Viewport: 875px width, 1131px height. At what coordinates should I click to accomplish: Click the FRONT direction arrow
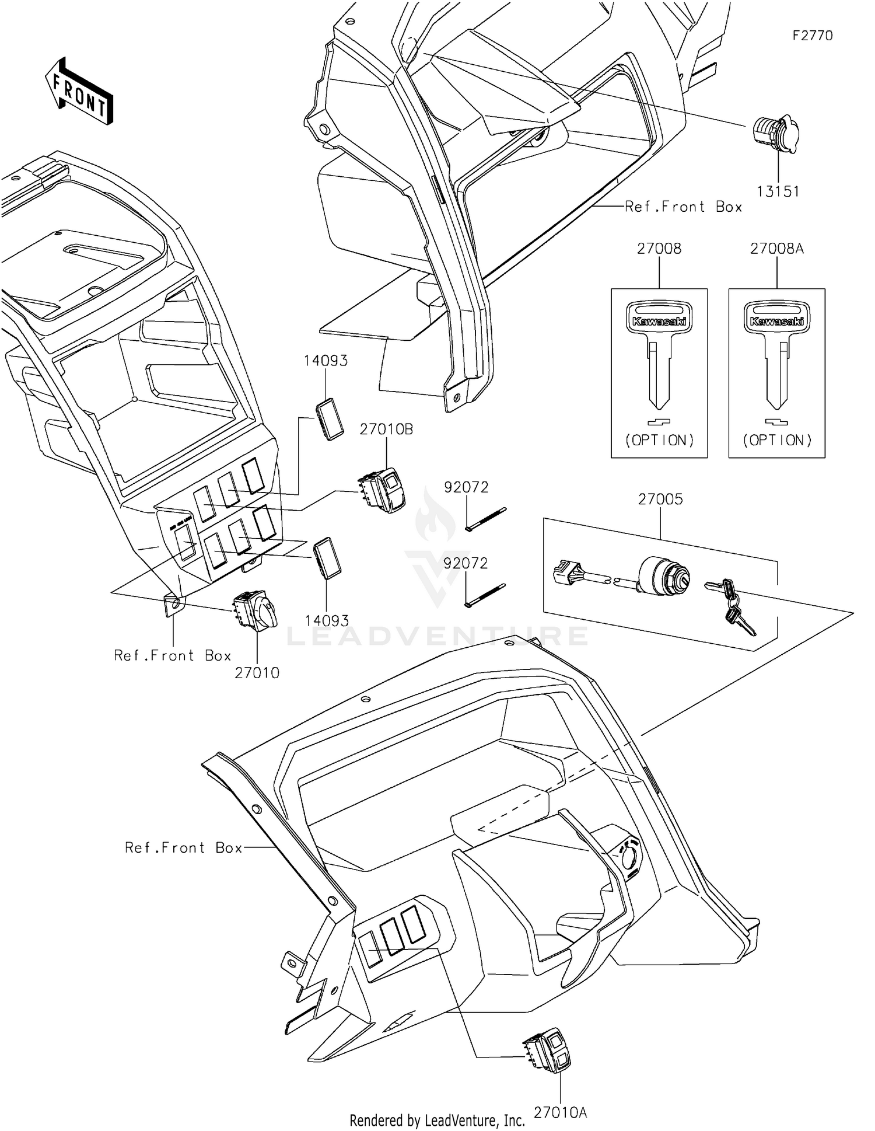point(79,92)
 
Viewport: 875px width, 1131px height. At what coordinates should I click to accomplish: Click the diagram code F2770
point(812,36)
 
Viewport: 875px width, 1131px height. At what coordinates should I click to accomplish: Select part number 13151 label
point(778,191)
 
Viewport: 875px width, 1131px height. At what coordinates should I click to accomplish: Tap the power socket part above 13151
point(775,135)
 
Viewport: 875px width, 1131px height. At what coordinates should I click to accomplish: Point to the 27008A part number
point(776,249)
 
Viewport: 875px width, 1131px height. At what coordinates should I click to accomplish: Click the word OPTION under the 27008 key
point(659,441)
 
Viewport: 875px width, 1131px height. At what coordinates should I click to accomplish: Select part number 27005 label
point(660,500)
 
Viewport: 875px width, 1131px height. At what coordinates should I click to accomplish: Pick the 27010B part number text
point(386,430)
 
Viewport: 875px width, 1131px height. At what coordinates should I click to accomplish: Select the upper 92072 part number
point(466,487)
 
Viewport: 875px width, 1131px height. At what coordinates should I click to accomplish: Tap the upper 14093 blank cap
point(330,418)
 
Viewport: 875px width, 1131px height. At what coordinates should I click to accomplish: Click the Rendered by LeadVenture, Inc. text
point(437,1120)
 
